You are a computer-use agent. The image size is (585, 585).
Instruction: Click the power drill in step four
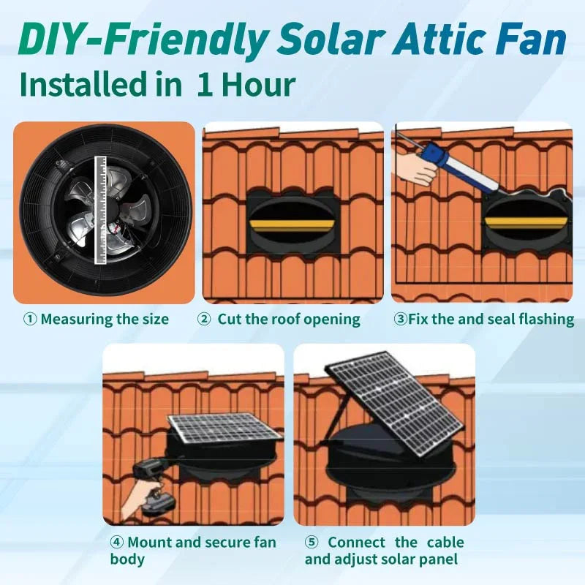pos(157,483)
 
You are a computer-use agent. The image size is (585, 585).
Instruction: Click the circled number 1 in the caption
pos(30,320)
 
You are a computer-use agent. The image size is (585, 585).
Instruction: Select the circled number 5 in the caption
pos(312,543)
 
